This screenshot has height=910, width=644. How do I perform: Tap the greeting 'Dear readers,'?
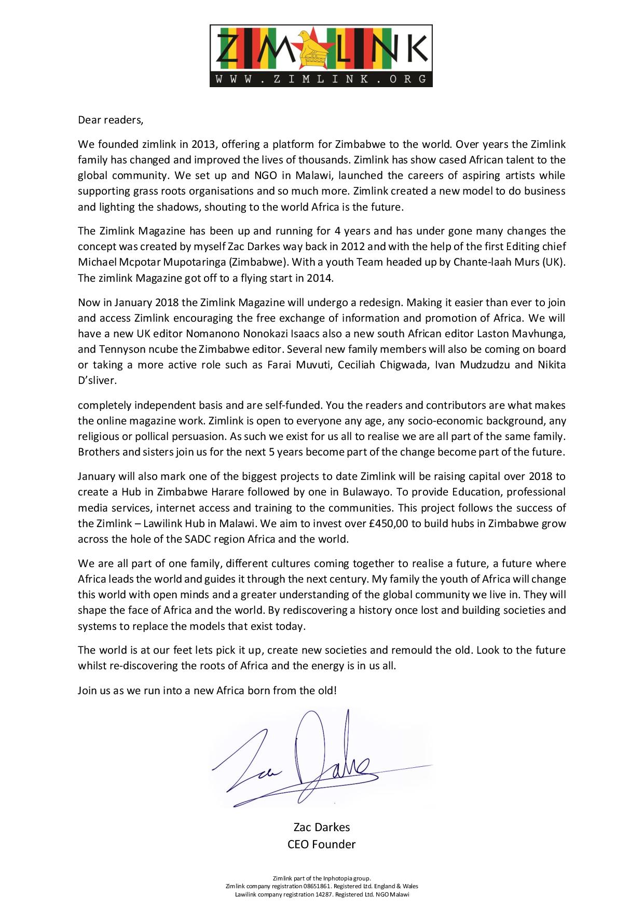click(x=110, y=120)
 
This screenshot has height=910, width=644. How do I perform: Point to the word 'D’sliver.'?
click(x=97, y=380)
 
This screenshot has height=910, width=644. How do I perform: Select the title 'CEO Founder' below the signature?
click(x=321, y=844)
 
